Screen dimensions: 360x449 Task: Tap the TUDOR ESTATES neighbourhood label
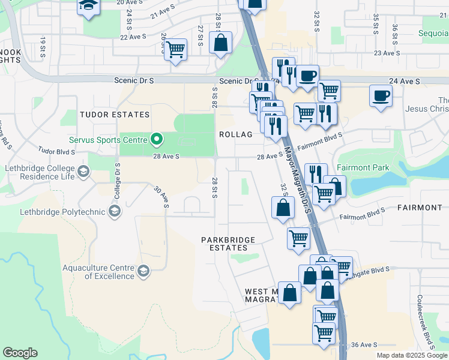[115, 115]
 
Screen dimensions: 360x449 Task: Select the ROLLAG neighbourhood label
[235, 134]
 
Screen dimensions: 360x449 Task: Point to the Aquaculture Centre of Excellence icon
[143, 272]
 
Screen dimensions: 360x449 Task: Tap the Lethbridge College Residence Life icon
[83, 172]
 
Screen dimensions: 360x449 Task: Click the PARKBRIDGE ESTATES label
[228, 244]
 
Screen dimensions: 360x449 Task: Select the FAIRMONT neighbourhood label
[420, 208]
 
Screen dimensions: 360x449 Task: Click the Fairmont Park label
[363, 167]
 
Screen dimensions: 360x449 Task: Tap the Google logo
[20, 353]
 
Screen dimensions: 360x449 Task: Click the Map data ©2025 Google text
[412, 355]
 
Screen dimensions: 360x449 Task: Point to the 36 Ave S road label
[364, 344]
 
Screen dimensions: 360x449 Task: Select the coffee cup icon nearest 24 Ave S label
[381, 95]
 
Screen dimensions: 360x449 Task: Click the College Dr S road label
[117, 181]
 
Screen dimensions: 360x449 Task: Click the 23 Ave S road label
[387, 53]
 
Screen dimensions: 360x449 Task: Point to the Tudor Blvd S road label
[56, 152]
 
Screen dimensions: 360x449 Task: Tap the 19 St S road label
[43, 48]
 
